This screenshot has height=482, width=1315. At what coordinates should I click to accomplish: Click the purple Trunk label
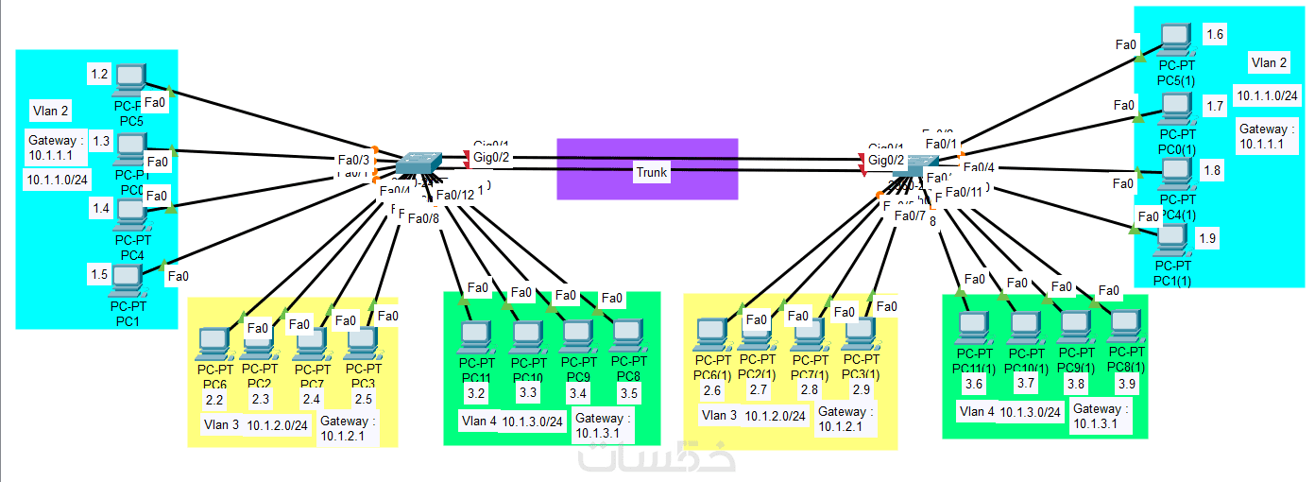point(651,172)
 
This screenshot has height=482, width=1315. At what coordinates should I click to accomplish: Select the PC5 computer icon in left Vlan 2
point(128,79)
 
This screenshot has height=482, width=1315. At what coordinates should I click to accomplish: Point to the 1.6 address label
point(1215,35)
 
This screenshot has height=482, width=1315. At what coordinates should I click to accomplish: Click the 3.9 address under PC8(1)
point(1125,384)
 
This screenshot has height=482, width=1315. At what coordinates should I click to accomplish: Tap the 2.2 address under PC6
point(214,400)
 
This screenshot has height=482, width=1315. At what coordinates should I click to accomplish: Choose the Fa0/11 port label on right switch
point(964,193)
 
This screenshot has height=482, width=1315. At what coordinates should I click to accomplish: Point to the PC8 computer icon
point(624,336)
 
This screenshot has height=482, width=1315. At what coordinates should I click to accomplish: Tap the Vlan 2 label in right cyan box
point(1269,63)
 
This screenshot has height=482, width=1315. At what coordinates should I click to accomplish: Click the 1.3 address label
point(101,141)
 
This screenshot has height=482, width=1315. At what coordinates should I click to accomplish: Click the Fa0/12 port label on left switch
point(454,195)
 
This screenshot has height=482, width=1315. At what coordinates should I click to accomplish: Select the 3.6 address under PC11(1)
point(974,384)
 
